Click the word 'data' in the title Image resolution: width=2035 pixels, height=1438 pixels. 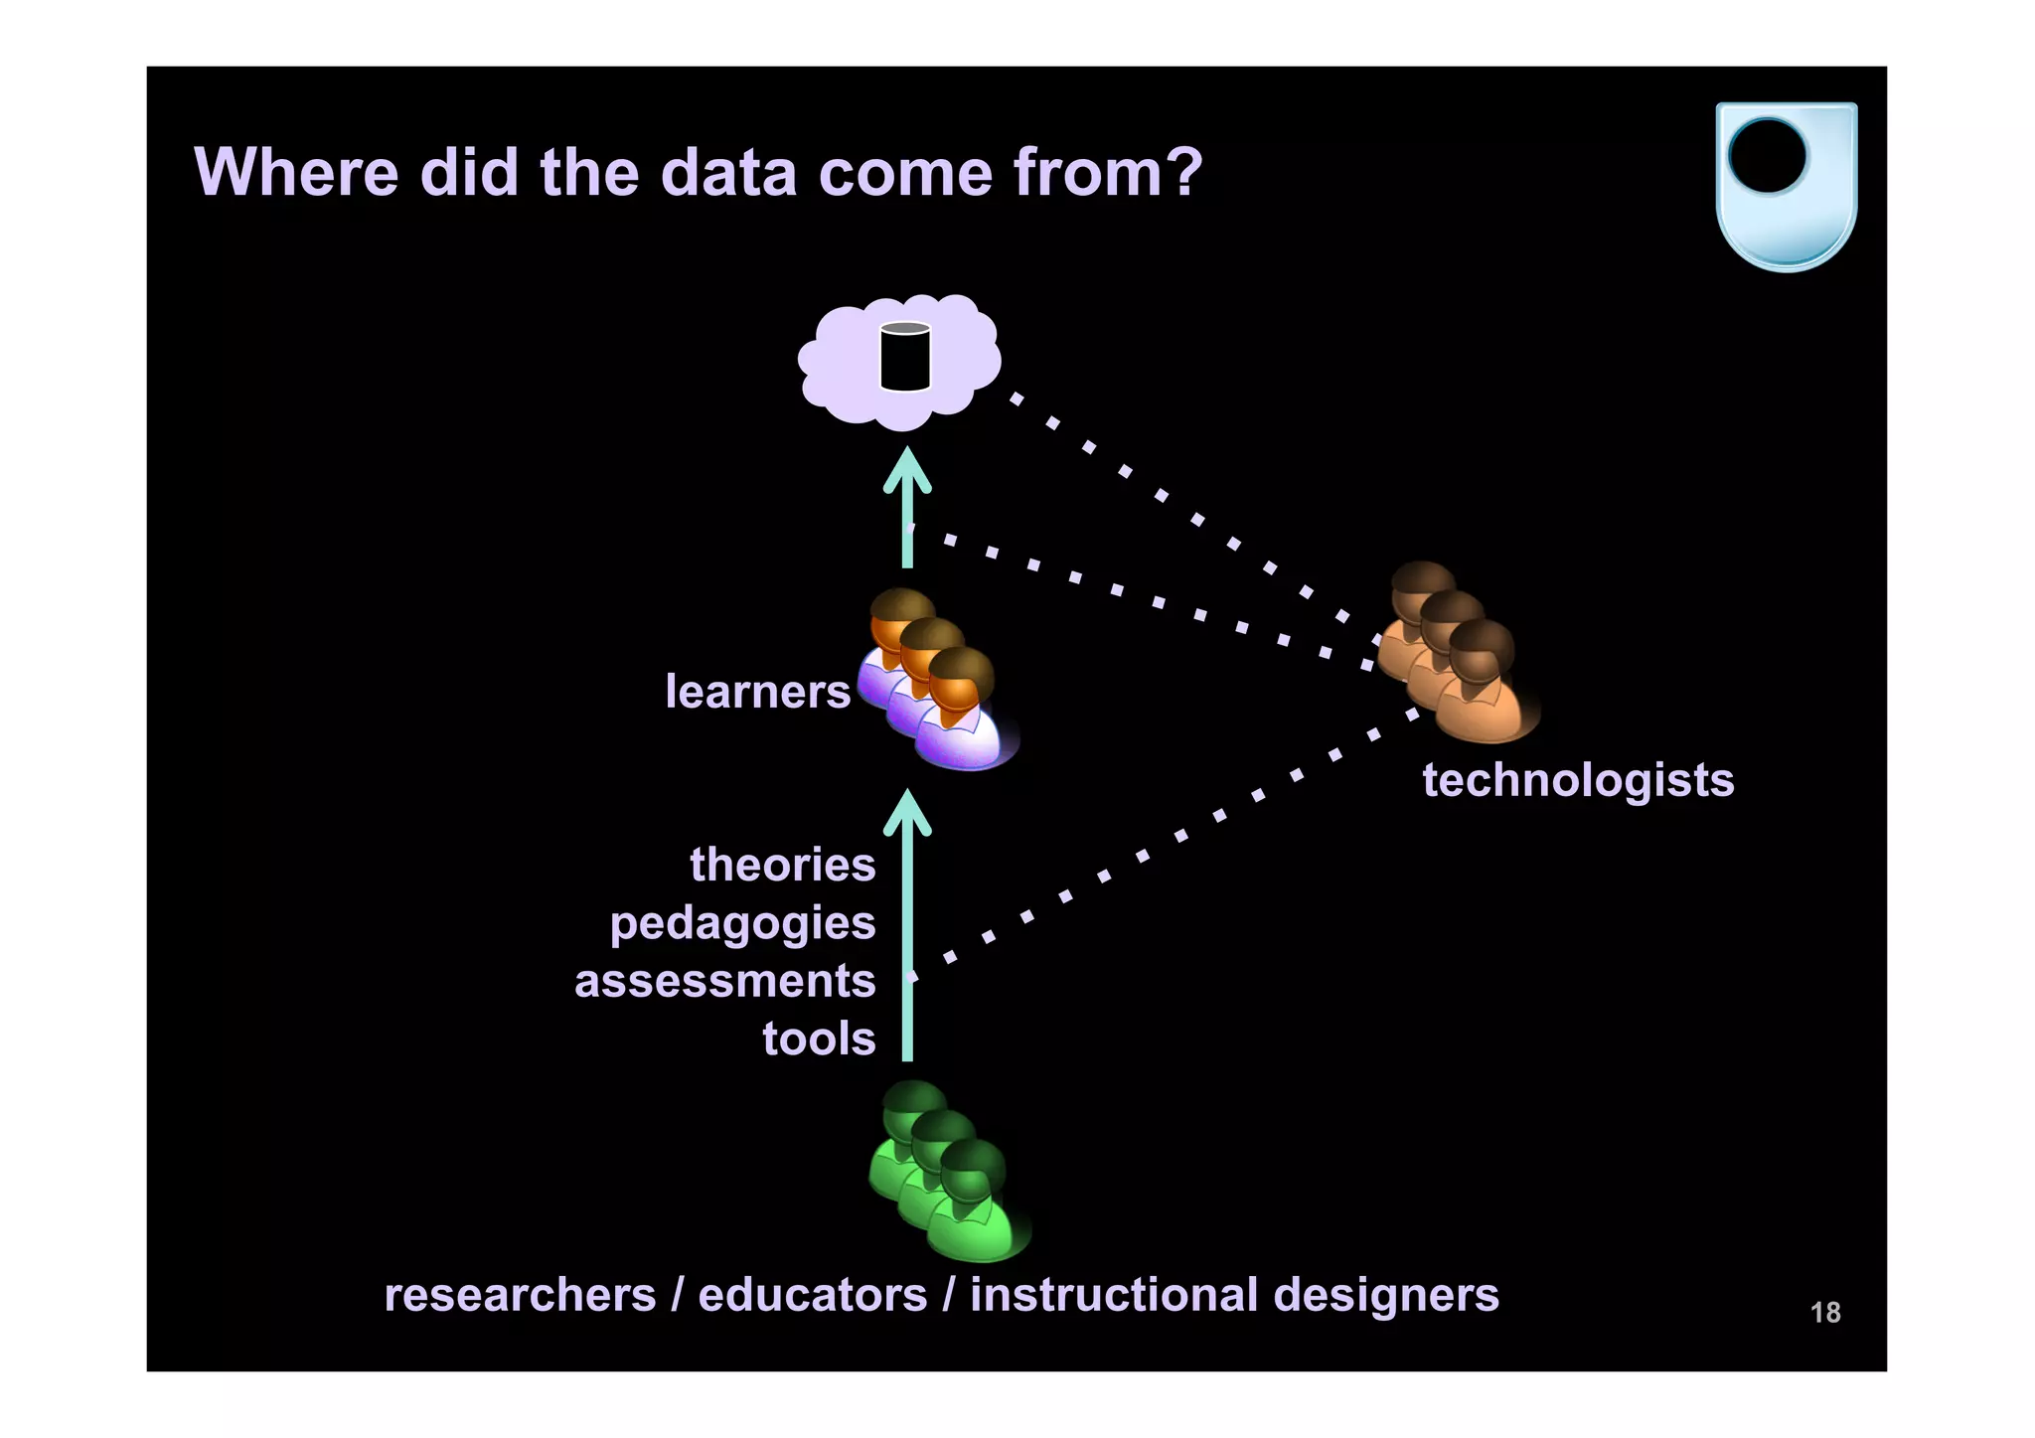point(728,173)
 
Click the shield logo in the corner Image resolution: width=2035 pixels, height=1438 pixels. point(1786,186)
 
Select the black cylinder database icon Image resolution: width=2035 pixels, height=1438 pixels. point(905,357)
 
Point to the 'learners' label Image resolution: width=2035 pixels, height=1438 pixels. point(757,692)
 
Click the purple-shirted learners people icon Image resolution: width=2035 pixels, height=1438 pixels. point(937,681)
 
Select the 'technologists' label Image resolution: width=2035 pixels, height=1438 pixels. point(1577,780)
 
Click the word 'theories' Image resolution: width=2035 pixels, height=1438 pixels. point(783,865)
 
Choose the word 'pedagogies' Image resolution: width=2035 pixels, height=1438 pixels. point(742,924)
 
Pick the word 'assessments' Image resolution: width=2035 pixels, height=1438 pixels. point(724,981)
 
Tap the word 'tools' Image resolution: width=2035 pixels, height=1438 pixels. point(819,1039)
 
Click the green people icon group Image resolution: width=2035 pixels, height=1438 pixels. point(947,1172)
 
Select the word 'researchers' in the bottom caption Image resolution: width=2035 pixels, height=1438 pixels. point(520,1295)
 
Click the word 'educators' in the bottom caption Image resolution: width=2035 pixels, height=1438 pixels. point(812,1295)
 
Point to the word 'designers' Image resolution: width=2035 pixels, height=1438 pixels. point(1385,1295)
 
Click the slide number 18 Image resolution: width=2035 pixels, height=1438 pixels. point(1824,1313)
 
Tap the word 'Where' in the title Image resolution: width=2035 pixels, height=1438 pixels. point(296,173)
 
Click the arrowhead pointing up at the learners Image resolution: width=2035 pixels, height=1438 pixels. point(907,812)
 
